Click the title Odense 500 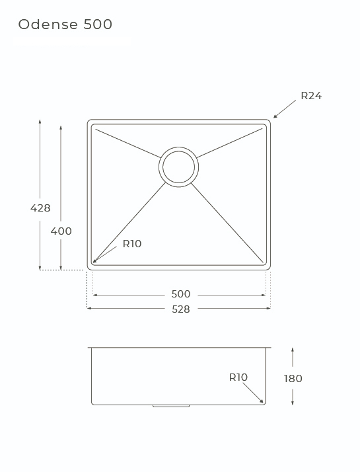point(65,24)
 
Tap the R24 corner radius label point(311,96)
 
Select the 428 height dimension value point(40,208)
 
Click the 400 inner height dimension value point(61,231)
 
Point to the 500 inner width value point(181,294)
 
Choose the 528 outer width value point(181,309)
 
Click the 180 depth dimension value point(293,378)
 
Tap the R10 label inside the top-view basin point(132,243)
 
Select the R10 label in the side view point(238,377)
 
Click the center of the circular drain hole point(178,167)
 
